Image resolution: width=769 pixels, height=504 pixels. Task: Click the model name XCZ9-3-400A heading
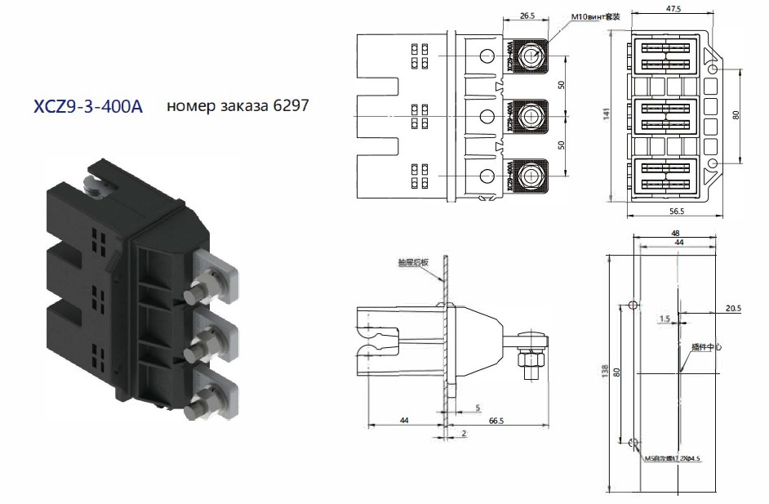(87, 107)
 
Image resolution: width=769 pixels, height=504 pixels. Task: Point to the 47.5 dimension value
(673, 9)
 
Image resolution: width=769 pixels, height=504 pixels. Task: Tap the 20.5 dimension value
(732, 309)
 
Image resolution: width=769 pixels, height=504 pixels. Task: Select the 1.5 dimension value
(665, 319)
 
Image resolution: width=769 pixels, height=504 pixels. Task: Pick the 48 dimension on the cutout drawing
(675, 233)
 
